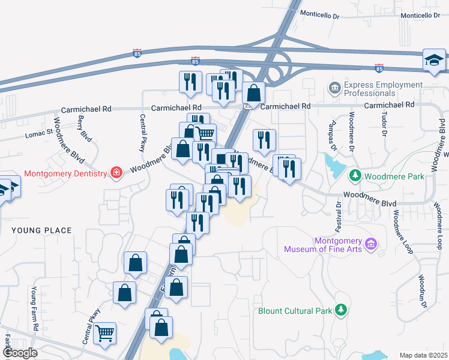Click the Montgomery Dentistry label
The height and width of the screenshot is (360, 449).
coord(65,174)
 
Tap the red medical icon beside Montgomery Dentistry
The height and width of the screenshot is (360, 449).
coord(116,174)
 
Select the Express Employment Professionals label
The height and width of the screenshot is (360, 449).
coord(370,89)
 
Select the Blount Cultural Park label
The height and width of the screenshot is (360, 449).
coord(294,311)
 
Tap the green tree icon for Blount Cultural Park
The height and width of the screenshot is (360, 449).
coord(341,310)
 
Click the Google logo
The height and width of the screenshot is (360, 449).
coord(19,353)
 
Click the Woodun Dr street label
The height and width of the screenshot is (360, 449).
coord(422,292)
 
